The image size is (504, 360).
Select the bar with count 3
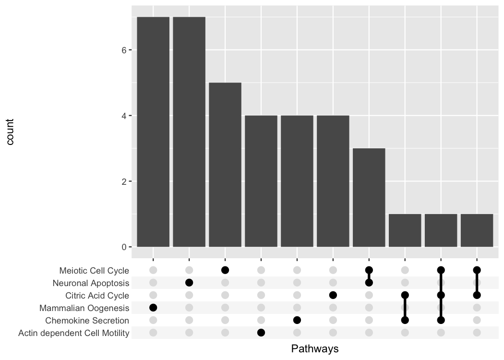click(x=369, y=197)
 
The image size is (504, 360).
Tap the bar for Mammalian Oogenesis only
click(x=153, y=132)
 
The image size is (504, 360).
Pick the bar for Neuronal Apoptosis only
click(x=189, y=132)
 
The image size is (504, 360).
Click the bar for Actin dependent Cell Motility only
click(x=261, y=181)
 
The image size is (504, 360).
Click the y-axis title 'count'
click(x=10, y=132)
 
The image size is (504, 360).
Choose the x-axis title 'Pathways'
click(x=315, y=349)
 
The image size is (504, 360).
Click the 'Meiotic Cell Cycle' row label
click(x=94, y=271)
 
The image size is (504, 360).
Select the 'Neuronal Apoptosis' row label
click(x=91, y=283)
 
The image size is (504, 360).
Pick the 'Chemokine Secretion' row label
click(x=87, y=321)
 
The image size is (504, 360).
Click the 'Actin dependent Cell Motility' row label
click(x=73, y=333)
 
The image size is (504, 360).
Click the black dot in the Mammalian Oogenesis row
click(x=153, y=308)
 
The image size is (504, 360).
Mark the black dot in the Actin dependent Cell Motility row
click(x=261, y=332)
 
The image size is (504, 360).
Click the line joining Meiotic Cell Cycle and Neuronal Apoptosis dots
click(x=369, y=276)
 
